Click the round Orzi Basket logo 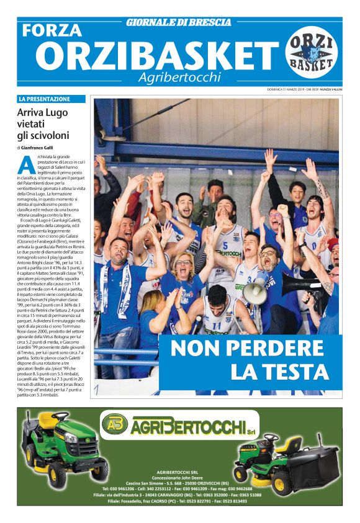313,53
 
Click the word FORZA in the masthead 53,30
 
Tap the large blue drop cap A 27,164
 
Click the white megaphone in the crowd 256,292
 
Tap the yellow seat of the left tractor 50,421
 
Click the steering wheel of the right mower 271,437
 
